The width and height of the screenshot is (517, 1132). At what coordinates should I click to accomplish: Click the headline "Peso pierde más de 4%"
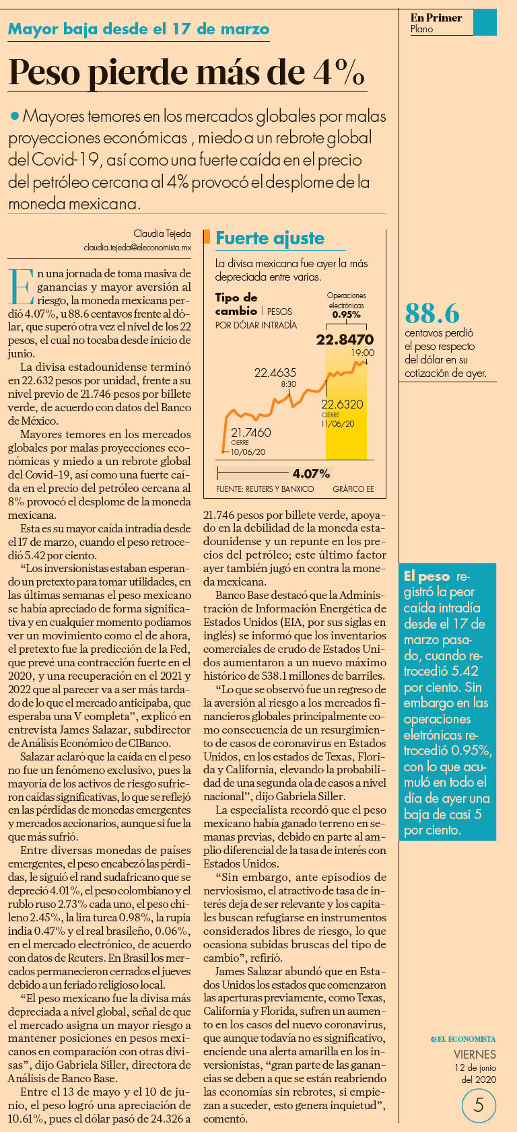(186, 72)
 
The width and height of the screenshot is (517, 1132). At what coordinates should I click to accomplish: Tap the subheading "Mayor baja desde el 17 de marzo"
(139, 29)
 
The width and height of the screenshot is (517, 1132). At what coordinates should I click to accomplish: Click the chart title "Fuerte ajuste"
(270, 238)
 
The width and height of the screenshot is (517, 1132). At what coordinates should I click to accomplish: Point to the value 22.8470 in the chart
(345, 339)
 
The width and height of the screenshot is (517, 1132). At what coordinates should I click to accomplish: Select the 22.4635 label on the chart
(275, 372)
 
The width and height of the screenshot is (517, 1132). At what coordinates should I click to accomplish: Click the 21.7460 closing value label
(250, 433)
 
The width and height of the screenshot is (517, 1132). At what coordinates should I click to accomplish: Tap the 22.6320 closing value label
(342, 404)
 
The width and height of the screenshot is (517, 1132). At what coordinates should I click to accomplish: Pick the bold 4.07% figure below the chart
(311, 474)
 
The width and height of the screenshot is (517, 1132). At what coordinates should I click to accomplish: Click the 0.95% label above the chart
(346, 314)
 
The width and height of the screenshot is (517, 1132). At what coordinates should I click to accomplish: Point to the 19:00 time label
(362, 353)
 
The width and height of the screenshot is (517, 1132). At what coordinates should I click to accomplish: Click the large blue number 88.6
(432, 313)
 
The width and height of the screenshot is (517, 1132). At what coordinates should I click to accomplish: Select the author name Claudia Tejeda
(162, 234)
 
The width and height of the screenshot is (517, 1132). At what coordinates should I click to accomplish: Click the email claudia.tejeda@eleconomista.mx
(137, 248)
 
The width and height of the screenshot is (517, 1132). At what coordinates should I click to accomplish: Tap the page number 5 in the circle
(479, 1105)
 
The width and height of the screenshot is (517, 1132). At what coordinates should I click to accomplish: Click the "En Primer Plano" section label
(436, 23)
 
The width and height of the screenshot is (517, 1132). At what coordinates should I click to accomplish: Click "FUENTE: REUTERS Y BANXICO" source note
(265, 489)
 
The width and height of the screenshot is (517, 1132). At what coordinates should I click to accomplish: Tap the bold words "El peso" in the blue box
(427, 576)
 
